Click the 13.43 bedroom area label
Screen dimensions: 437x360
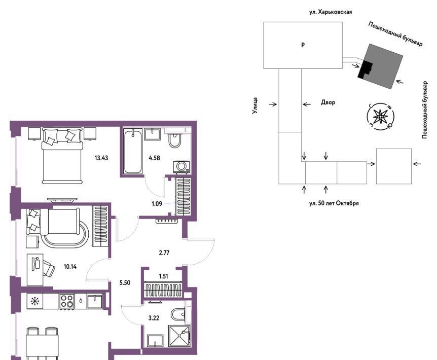coord(101,158)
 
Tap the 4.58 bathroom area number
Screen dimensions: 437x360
coord(155,158)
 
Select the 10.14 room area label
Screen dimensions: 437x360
coord(70,266)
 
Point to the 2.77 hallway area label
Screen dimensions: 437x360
coord(164,253)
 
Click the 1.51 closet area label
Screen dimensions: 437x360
coord(163,276)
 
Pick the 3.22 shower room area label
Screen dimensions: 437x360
coord(154,318)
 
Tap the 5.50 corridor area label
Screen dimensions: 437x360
coord(125,283)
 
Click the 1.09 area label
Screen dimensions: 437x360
coord(157,204)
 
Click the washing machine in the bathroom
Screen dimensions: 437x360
coord(181,167)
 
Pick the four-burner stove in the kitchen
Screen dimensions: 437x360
coord(67,301)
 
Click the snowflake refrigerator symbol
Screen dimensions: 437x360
coord(35,301)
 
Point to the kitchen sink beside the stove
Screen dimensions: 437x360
coord(95,301)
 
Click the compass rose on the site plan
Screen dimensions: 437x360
coord(380,117)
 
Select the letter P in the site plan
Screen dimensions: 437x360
coord(303,45)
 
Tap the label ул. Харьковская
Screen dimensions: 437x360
coord(331,12)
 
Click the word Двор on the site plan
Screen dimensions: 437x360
coord(328,102)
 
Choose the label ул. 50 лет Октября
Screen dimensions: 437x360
coord(334,203)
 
